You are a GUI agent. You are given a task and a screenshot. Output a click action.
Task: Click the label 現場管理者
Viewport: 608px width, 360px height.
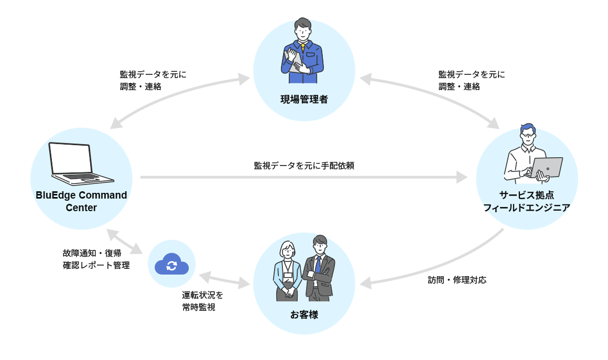[x=304, y=99]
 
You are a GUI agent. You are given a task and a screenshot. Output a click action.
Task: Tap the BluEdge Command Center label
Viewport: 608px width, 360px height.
[x=81, y=201]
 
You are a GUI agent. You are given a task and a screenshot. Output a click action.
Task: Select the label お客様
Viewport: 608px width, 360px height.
[x=304, y=315]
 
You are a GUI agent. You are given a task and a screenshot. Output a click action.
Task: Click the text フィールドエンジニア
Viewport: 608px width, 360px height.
[x=527, y=208]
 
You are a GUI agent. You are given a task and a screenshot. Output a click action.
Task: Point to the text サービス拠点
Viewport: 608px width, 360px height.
[x=527, y=195]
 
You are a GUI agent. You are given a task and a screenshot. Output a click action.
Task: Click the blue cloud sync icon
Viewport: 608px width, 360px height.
[x=171, y=264]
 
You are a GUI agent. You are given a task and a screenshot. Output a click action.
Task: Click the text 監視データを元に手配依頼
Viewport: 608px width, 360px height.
[x=304, y=166]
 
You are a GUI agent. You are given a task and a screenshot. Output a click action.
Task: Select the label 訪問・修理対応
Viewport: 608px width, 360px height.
[x=457, y=280]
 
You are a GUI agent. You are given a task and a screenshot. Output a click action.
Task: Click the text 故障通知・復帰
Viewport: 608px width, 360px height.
[x=92, y=253]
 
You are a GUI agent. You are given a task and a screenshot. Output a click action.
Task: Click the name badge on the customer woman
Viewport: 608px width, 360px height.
[x=288, y=275]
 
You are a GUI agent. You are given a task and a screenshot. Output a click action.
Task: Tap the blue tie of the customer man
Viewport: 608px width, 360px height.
[x=318, y=264]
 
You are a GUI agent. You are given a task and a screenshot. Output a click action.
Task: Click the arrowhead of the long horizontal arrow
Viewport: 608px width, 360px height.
[x=462, y=177]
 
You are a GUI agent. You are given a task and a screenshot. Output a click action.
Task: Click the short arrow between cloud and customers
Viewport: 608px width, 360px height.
[x=224, y=280]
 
